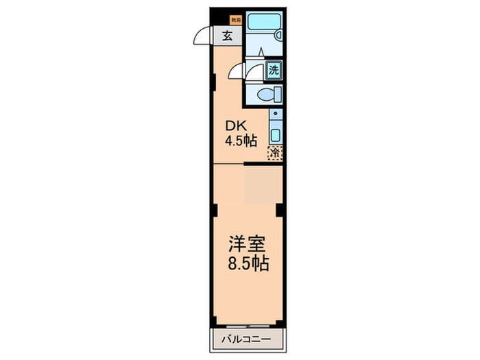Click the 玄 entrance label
pyautogui.click(x=226, y=37)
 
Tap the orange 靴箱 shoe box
pyautogui.click(x=235, y=20)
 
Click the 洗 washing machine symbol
pyautogui.click(x=274, y=69)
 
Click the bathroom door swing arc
pyautogui.click(x=237, y=71)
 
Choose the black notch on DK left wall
pyautogui.click(x=214, y=83)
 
